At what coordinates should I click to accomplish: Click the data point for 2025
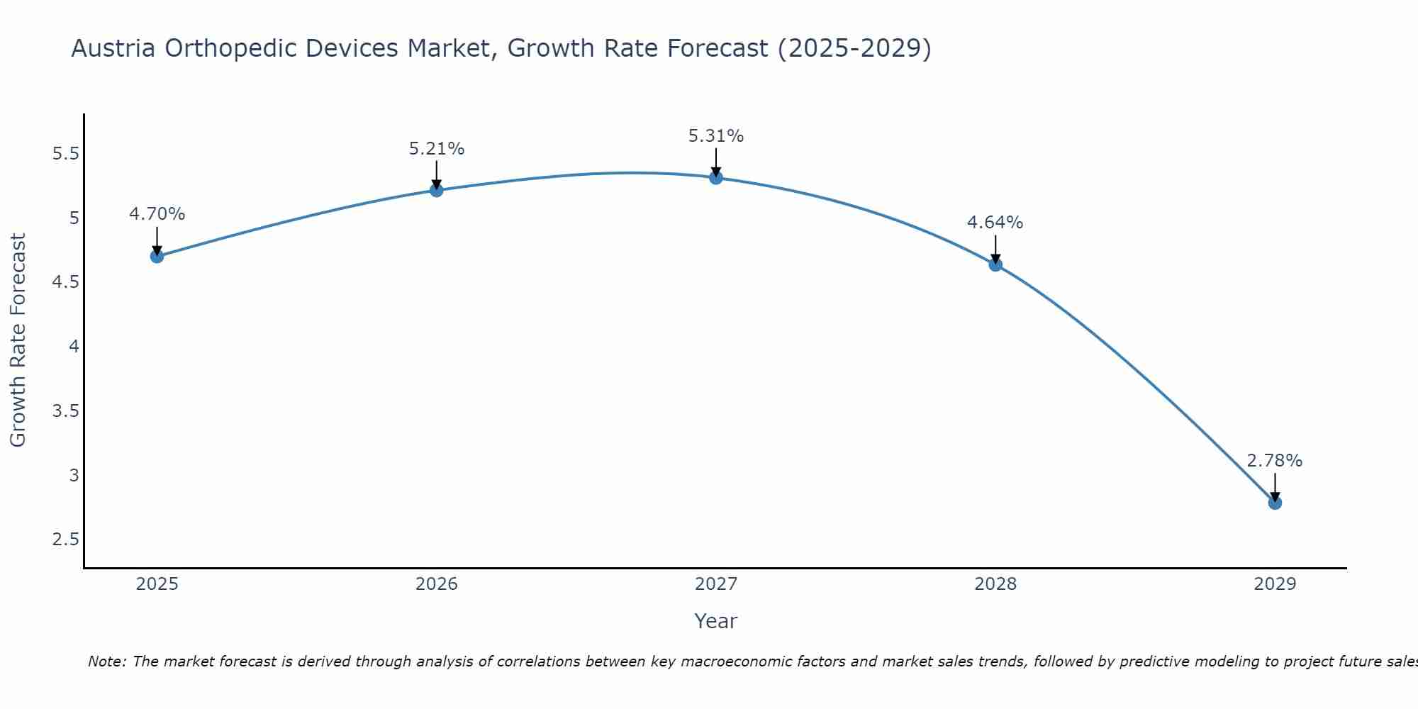click(157, 256)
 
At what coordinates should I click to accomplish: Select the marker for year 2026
click(437, 190)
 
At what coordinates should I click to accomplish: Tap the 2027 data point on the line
click(716, 177)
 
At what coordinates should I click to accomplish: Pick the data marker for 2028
click(995, 264)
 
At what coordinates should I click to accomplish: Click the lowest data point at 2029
click(1275, 503)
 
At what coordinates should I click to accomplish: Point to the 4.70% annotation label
click(157, 214)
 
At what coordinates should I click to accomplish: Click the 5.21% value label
click(437, 149)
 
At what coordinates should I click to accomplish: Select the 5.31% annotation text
click(716, 136)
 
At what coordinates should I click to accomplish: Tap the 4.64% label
click(995, 223)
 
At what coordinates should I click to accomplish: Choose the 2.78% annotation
click(1275, 461)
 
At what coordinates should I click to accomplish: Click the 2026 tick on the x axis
click(437, 584)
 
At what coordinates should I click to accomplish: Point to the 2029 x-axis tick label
click(1275, 584)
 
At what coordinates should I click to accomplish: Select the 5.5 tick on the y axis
click(66, 154)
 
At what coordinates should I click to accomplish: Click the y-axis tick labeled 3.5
click(66, 411)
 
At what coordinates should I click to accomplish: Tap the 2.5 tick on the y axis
click(66, 540)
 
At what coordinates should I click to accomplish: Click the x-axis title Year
click(716, 621)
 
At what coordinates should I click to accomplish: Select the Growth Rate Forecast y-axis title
click(18, 340)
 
